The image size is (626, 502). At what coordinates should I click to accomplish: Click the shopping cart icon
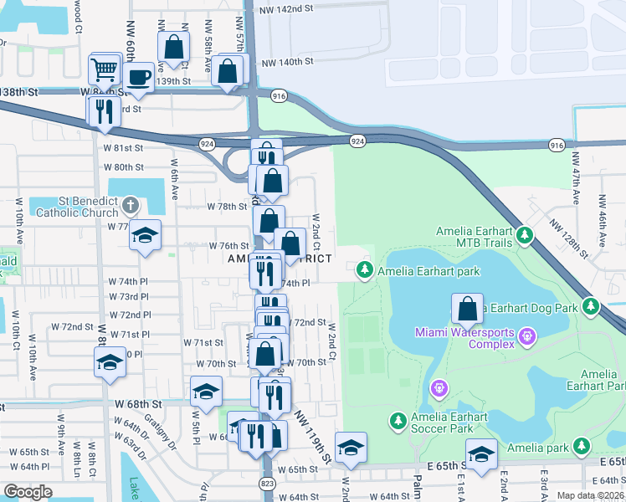coord(105,68)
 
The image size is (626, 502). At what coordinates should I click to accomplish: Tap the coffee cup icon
coord(140,78)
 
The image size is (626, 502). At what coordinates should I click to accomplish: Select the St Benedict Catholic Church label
coord(76,206)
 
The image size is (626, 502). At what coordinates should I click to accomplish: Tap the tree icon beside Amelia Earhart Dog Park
coord(592,307)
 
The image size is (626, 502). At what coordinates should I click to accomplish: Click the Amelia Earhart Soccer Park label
coord(449,423)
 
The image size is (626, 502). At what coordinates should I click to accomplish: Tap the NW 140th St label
coord(287,62)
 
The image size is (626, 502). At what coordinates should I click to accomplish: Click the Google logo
coord(28,492)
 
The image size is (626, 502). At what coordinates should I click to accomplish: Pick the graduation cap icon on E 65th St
coord(481,454)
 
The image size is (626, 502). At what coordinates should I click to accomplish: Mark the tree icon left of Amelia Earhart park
coord(364,269)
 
